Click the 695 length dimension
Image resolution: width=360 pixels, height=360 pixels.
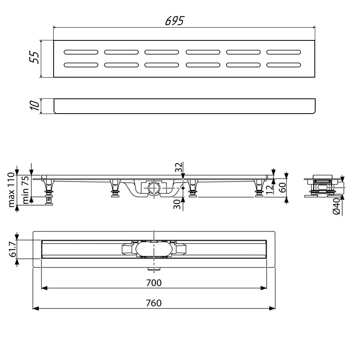174,21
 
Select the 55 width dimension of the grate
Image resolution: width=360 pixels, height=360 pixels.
34,57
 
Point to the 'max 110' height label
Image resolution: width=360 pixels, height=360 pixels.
12,190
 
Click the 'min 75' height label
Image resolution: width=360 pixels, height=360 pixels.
26,190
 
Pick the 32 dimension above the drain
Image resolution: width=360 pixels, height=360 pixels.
179,167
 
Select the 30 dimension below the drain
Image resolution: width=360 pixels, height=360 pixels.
177,204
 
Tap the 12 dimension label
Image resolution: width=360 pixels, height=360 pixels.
270,189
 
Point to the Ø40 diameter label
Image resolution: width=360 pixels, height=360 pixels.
336,206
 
